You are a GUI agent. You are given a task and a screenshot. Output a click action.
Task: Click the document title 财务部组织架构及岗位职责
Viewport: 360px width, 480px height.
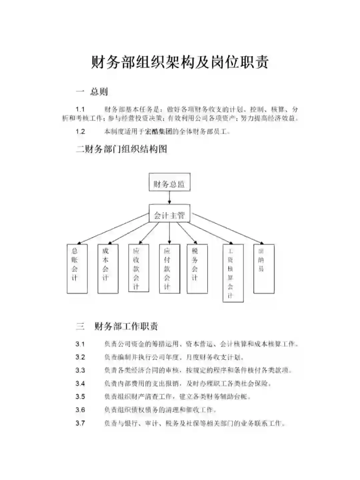[x=180, y=62]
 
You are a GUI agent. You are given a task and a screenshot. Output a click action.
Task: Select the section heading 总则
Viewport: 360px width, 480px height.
[x=99, y=91]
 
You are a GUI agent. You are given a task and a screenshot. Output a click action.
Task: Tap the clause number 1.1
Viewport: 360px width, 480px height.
[x=80, y=109]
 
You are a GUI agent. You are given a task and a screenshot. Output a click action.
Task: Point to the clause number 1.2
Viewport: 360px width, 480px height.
[x=80, y=131]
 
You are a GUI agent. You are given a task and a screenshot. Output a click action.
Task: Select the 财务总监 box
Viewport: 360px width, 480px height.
[x=169, y=182]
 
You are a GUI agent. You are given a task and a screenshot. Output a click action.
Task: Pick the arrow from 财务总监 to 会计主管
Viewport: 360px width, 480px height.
[x=169, y=197]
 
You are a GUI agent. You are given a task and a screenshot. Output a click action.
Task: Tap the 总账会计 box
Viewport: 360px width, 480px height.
[x=77, y=269]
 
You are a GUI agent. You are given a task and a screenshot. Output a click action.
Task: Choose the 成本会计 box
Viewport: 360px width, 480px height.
[x=108, y=269]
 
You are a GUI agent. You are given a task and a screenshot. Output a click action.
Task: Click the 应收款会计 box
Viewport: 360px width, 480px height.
[x=139, y=268]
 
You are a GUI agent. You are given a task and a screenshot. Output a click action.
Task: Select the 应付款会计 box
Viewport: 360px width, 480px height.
[x=169, y=269]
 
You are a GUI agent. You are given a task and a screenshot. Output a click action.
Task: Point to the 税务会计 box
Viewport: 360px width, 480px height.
[x=197, y=269]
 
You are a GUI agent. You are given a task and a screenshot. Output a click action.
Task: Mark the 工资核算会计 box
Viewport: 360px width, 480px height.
[x=233, y=273]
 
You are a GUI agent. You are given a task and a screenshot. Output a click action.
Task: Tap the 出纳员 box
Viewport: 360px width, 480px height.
[x=264, y=269]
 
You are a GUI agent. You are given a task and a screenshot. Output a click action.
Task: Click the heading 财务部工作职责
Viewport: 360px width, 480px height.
[x=126, y=326]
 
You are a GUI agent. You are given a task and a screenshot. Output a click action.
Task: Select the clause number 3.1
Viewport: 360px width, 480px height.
[x=80, y=344]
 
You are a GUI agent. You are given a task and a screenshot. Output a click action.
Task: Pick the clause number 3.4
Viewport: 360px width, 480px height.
[x=80, y=384]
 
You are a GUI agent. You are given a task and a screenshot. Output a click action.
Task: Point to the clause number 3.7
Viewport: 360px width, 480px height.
[x=80, y=423]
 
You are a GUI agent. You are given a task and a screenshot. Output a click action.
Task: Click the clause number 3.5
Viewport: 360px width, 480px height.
[x=80, y=397]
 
